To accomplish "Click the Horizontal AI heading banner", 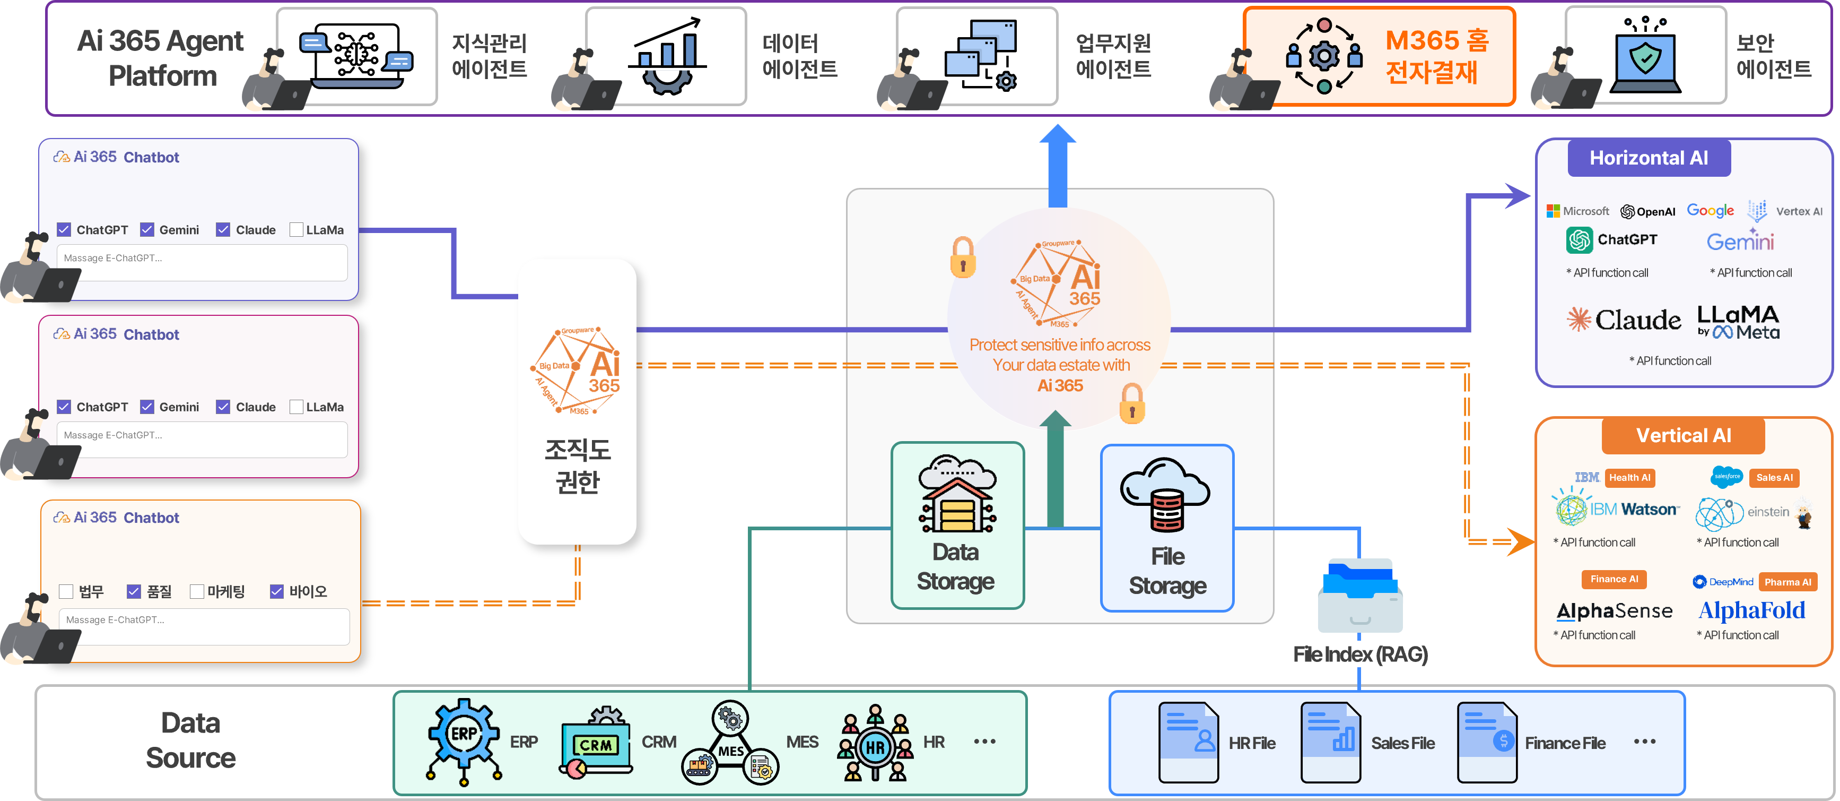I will point(1649,158).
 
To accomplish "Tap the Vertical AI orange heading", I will point(1683,435).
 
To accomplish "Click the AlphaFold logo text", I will point(1751,610).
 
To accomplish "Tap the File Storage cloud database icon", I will point(1166,495).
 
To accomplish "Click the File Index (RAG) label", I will point(1360,654).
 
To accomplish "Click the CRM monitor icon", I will point(596,743).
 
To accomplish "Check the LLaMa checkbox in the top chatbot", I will point(297,229).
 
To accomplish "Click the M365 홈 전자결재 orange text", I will point(1436,56).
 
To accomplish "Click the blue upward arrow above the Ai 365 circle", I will point(1057,165).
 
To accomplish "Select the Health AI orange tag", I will point(1629,477).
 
